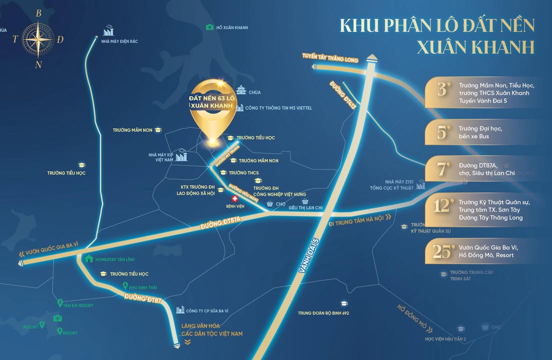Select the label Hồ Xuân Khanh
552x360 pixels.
click(x=232, y=28)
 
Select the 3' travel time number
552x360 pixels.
click(x=442, y=89)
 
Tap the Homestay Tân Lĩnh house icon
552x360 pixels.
click(x=89, y=259)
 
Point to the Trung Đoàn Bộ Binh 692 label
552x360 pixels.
click(x=323, y=313)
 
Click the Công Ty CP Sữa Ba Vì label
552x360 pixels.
click(x=206, y=310)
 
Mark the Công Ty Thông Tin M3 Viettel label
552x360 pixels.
click(x=273, y=107)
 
